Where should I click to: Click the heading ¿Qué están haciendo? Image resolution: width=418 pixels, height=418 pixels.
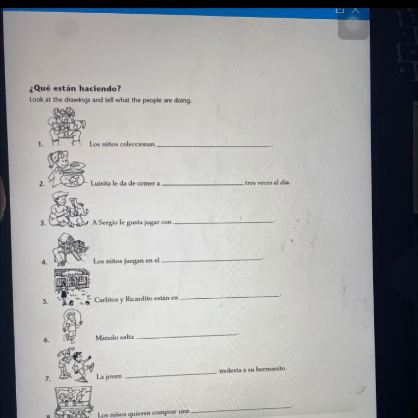[x=75, y=88]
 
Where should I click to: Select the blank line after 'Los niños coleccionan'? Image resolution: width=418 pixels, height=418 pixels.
[x=213, y=146]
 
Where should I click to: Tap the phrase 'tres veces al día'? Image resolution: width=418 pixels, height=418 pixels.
[x=268, y=183]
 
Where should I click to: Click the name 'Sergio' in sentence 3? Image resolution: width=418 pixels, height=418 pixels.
[x=108, y=222]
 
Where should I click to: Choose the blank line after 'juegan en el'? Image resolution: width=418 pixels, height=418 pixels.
[x=212, y=260]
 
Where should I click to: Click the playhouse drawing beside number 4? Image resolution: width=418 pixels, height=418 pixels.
[x=70, y=249]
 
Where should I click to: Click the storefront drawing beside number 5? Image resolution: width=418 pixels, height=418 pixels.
[x=72, y=287]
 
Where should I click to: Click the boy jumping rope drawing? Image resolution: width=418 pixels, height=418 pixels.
[x=71, y=325]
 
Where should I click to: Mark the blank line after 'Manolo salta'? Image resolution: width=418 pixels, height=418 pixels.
[x=186, y=336]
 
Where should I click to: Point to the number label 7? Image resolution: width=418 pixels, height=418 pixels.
[x=48, y=379]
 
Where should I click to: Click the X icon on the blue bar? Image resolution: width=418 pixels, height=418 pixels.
[x=355, y=11]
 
